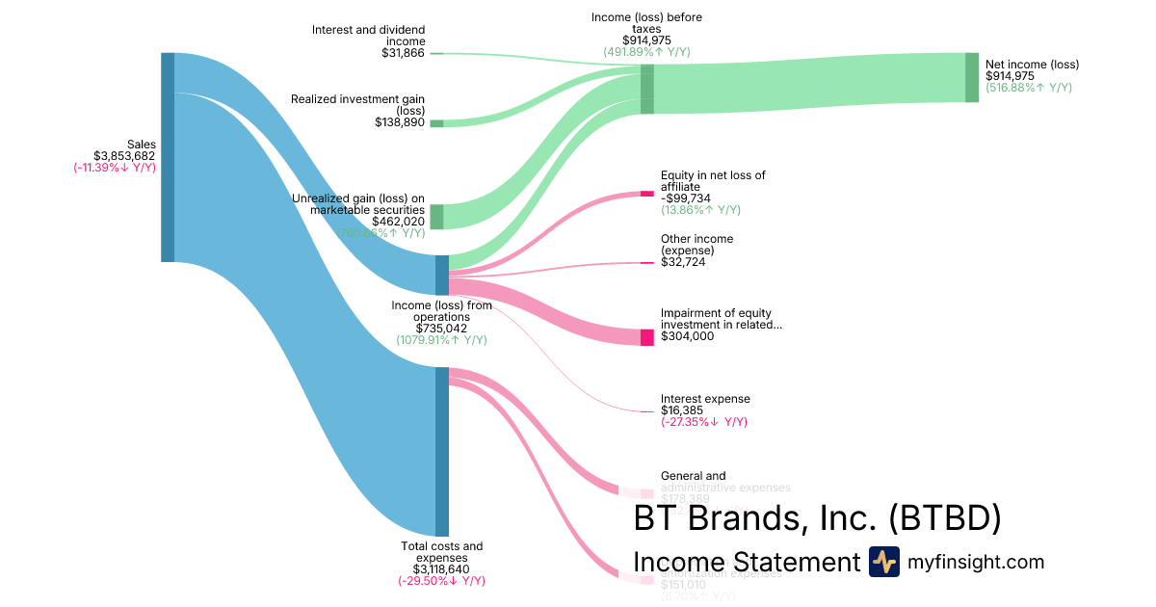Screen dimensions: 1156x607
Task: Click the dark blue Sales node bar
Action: pyautogui.click(x=168, y=157)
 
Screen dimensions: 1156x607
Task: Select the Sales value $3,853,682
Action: pyautogui.click(x=124, y=156)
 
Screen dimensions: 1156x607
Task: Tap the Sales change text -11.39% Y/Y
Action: pyautogui.click(x=115, y=168)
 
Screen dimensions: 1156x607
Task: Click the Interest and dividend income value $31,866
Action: pyautogui.click(x=403, y=53)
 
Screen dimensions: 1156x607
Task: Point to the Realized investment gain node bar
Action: pyautogui.click(x=436, y=123)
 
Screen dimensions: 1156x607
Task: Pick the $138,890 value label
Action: pyautogui.click(x=400, y=122)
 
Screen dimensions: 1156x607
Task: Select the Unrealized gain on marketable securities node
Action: pyautogui.click(x=436, y=217)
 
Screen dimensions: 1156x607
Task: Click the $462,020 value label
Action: pyautogui.click(x=398, y=221)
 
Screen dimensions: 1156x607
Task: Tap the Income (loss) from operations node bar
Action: pyautogui.click(x=442, y=275)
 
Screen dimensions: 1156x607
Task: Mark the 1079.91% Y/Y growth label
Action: pyautogui.click(x=441, y=340)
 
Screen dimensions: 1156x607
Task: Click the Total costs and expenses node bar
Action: pyautogui.click(x=442, y=451)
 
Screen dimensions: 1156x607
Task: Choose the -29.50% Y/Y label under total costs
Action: pyautogui.click(x=441, y=581)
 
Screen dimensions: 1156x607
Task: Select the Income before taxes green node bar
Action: pyautogui.click(x=647, y=90)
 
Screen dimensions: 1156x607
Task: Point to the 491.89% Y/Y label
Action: pyautogui.click(x=646, y=52)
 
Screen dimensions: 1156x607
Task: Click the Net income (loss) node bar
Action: pyautogui.click(x=972, y=77)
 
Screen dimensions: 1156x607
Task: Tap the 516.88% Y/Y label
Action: pyautogui.click(x=1028, y=88)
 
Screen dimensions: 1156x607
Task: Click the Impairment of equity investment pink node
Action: pyautogui.click(x=647, y=337)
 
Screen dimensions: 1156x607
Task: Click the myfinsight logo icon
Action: pyautogui.click(x=883, y=562)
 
